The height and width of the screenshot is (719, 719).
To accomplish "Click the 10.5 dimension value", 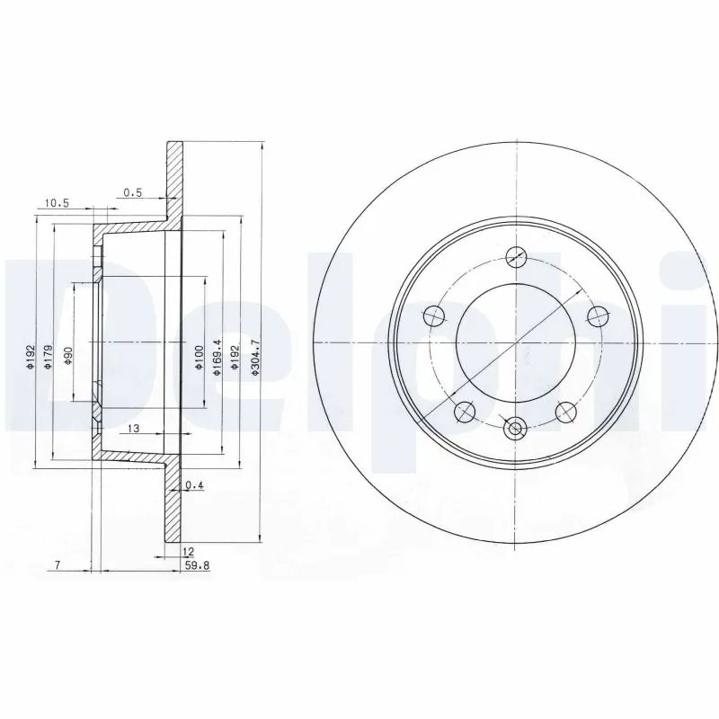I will click(x=56, y=204).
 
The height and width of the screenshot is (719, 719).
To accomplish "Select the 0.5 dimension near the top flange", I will click(x=132, y=191).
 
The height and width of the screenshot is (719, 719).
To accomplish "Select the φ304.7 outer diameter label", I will click(x=255, y=357).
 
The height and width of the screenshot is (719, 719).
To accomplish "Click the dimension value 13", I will click(x=132, y=428).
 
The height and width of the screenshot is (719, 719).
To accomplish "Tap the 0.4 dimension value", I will click(x=193, y=486).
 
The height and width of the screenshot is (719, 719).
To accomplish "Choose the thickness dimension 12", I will click(x=189, y=552).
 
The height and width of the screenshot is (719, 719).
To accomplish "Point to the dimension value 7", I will click(x=57, y=565).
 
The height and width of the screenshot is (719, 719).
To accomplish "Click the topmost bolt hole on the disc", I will click(x=515, y=257).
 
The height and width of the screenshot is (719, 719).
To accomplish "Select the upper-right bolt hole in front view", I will click(x=596, y=315).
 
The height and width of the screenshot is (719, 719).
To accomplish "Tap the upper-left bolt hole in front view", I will click(x=434, y=315).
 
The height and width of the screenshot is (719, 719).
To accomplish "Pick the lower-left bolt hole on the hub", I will click(x=465, y=412).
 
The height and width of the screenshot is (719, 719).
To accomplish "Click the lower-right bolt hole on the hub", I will click(x=565, y=412).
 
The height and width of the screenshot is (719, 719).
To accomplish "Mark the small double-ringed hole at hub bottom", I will click(x=515, y=430).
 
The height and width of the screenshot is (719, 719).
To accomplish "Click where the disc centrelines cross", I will click(x=515, y=342).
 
